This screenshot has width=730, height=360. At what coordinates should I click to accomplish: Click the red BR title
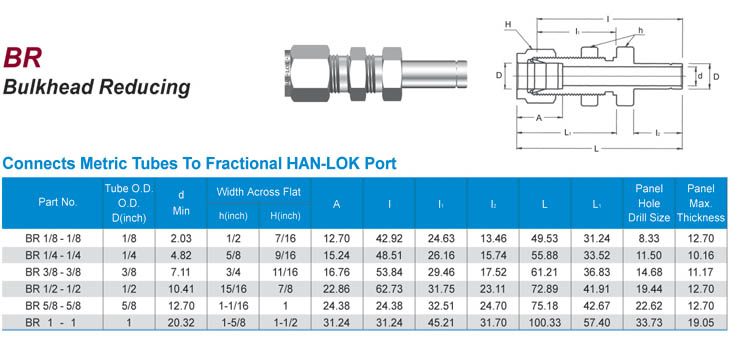pyautogui.click(x=22, y=57)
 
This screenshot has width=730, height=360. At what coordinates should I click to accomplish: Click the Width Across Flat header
pyautogui.click(x=259, y=191)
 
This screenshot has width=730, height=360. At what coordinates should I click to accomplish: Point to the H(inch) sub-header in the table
pyautogui.click(x=284, y=216)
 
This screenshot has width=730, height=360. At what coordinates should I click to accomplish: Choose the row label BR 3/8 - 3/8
pyautogui.click(x=53, y=271)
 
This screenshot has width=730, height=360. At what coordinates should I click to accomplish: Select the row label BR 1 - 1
pyautogui.click(x=51, y=322)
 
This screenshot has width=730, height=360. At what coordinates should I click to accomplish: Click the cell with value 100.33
pyautogui.click(x=545, y=322)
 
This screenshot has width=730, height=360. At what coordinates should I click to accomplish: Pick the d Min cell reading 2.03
pyautogui.click(x=181, y=238)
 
